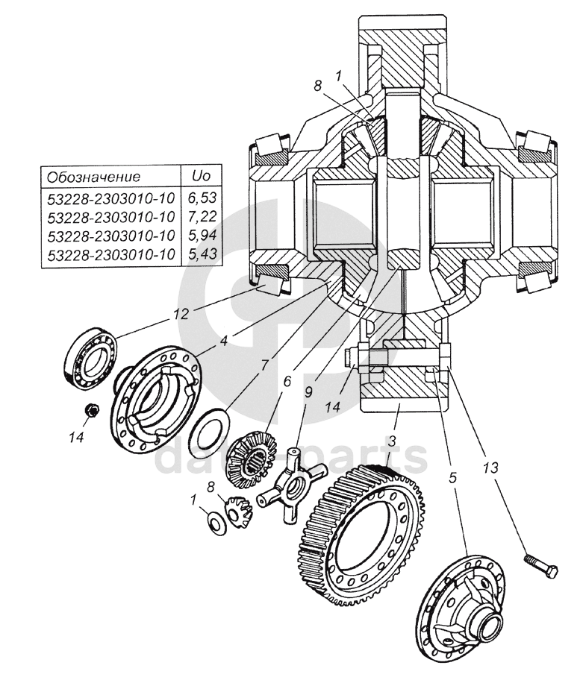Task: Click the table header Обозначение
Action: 94,177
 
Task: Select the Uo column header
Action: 201,176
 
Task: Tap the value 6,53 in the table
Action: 202,198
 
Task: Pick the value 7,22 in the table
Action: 202,216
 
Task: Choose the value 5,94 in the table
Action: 202,236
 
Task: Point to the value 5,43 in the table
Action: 202,254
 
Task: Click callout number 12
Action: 181,314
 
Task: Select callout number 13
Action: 490,468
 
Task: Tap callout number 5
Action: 452,477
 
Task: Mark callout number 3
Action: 392,441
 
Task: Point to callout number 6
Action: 287,382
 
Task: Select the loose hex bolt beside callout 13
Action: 541,565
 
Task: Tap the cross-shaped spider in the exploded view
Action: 292,484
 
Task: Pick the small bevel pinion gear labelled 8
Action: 238,510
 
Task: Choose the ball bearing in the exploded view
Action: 90,356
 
